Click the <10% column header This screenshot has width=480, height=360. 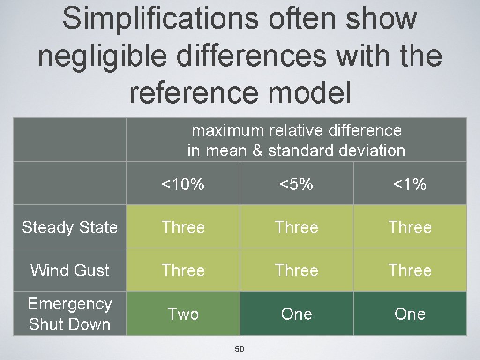pyautogui.click(x=183, y=184)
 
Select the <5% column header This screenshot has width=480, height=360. pyautogui.click(x=296, y=184)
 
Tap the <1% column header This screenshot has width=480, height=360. pyautogui.click(x=410, y=184)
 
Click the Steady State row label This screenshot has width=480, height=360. pyautogui.click(x=69, y=227)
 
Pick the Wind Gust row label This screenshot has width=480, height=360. pyautogui.click(x=69, y=270)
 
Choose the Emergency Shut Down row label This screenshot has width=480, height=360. pyautogui.click(x=69, y=314)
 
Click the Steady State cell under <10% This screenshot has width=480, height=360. pyautogui.click(x=183, y=227)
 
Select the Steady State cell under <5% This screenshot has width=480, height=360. pyautogui.click(x=296, y=227)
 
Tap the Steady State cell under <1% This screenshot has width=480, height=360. pyautogui.click(x=410, y=227)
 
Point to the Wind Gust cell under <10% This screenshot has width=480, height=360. pyautogui.click(x=183, y=270)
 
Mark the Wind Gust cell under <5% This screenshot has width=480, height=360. pyautogui.click(x=296, y=270)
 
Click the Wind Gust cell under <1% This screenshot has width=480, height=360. pyautogui.click(x=410, y=270)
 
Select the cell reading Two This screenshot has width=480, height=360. pyautogui.click(x=183, y=314)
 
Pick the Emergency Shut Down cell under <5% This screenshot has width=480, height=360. pyautogui.click(x=296, y=314)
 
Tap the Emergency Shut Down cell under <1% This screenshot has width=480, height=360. pyautogui.click(x=410, y=314)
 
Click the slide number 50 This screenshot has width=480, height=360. pyautogui.click(x=240, y=349)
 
